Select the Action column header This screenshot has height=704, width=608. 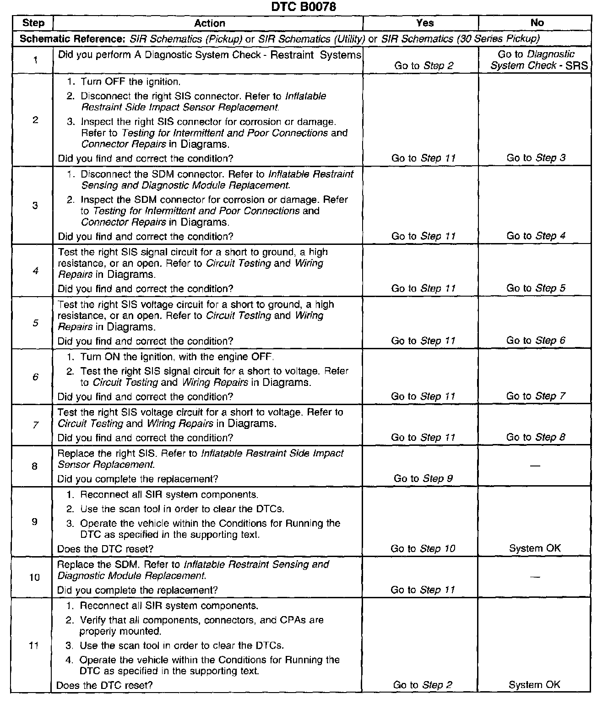[209, 23]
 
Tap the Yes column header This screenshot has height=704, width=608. [425, 23]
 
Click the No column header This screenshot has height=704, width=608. [537, 23]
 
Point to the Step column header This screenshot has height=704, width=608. [33, 23]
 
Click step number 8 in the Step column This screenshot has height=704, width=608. [35, 466]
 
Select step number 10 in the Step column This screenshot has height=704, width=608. [35, 577]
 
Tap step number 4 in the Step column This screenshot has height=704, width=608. [35, 271]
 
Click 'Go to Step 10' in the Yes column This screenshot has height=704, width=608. [423, 548]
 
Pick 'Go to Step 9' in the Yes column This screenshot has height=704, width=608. [423, 478]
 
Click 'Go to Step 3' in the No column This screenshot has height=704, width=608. [536, 158]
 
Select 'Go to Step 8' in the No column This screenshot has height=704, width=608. [536, 437]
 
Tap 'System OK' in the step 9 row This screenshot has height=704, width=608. [535, 548]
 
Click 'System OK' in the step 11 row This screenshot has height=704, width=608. [534, 685]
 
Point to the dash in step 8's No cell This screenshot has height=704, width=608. [535, 466]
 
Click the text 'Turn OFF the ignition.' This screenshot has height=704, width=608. [130, 82]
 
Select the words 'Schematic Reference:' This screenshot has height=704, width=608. [72, 38]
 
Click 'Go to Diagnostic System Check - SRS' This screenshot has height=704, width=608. [539, 60]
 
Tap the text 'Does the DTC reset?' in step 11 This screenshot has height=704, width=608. [104, 685]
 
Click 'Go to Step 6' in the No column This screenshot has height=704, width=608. [536, 341]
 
